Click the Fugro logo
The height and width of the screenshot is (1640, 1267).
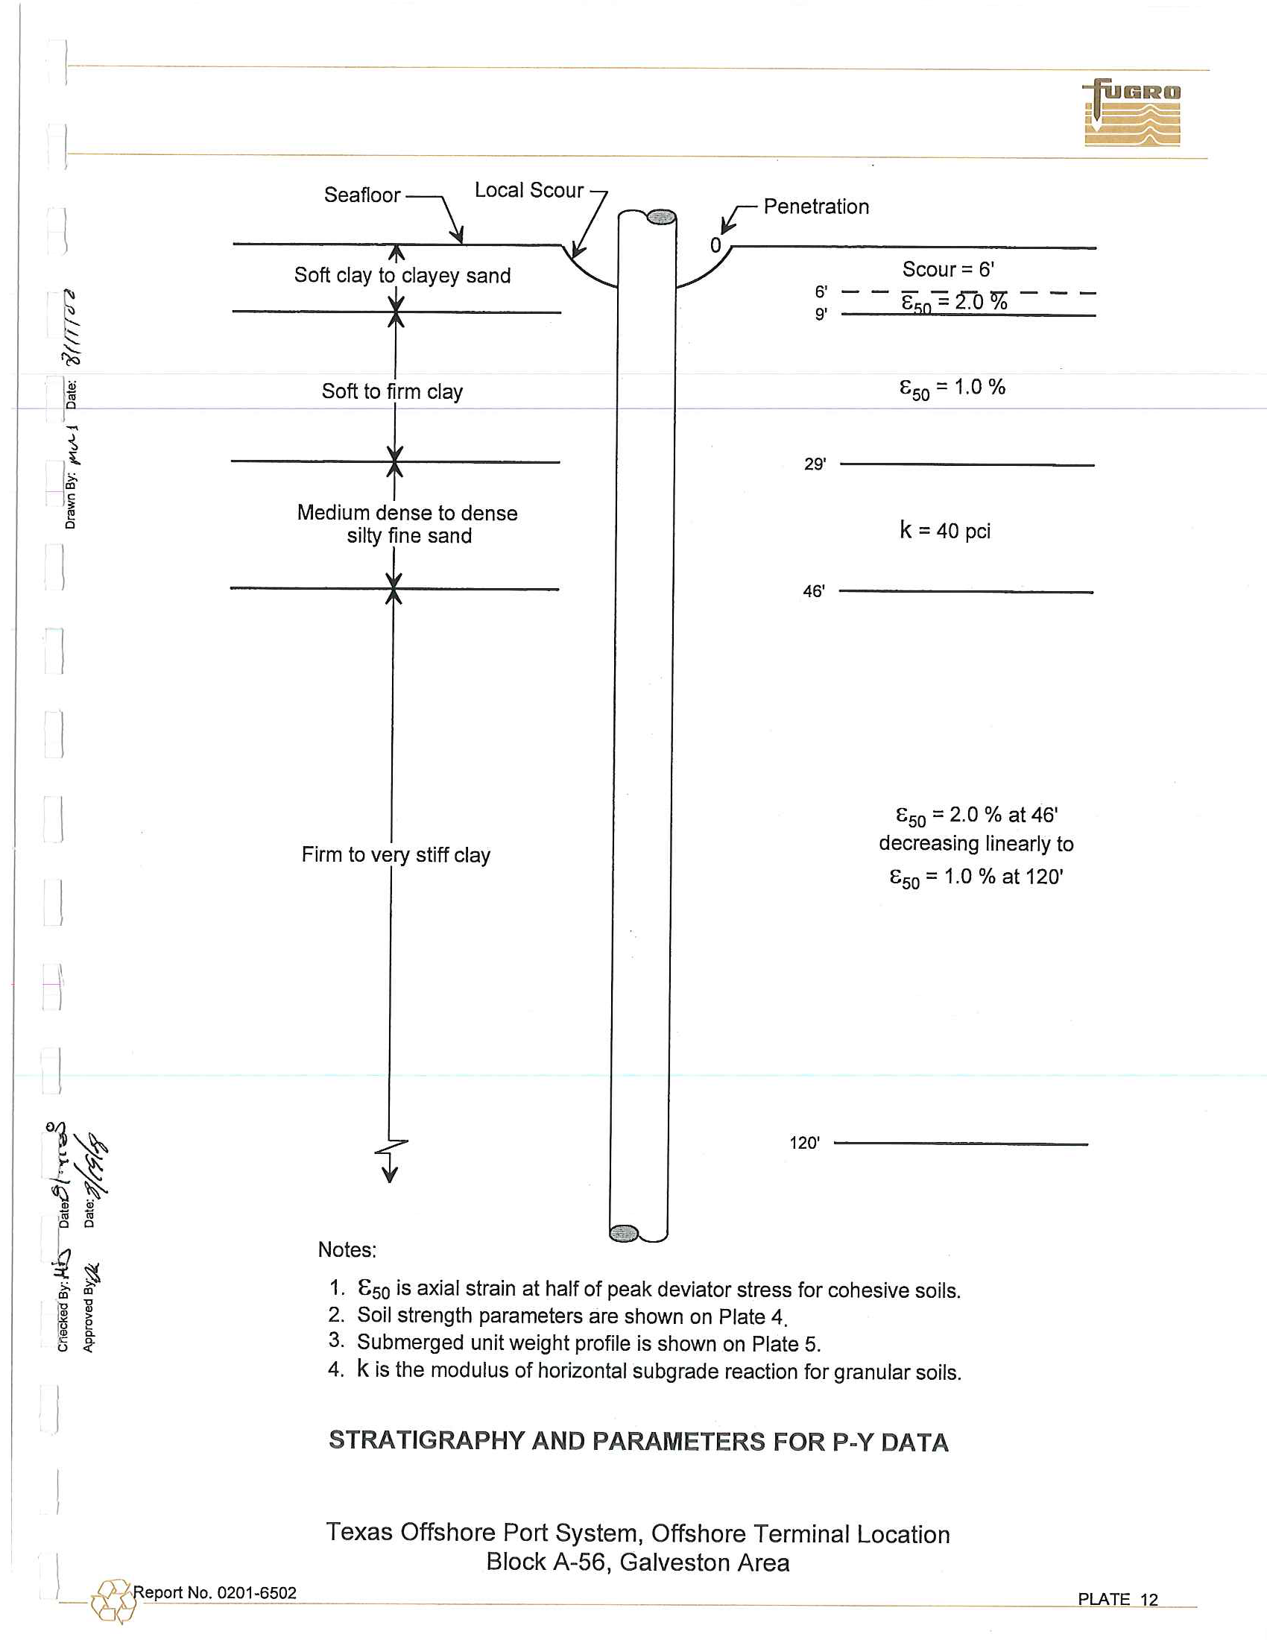coord(1132,113)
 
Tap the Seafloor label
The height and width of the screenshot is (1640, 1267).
coord(361,195)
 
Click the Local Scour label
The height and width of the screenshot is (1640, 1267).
coord(528,191)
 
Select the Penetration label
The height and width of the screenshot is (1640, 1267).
coord(816,206)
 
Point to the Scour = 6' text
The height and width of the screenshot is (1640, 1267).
coord(948,269)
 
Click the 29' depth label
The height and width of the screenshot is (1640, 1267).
coord(815,464)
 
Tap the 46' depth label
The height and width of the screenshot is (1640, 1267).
coord(814,591)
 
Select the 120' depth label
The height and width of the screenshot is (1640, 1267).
coord(804,1143)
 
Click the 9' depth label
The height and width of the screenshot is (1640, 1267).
coord(821,314)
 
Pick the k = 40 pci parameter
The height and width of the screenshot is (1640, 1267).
coord(945,531)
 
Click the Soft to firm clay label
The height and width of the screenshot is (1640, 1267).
coord(392,391)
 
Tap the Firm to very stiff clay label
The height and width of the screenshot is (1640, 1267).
coord(396,854)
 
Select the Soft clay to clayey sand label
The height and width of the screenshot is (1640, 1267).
coord(402,276)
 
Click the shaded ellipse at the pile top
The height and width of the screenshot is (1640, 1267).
coord(660,218)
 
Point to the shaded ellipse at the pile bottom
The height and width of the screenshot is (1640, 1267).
coord(623,1233)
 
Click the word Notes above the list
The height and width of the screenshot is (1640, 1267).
coord(347,1249)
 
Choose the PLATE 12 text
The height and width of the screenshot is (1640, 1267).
coord(1118,1600)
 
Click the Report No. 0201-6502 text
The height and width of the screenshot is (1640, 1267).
coord(215,1593)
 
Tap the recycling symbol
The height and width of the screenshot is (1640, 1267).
coord(113,1601)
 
